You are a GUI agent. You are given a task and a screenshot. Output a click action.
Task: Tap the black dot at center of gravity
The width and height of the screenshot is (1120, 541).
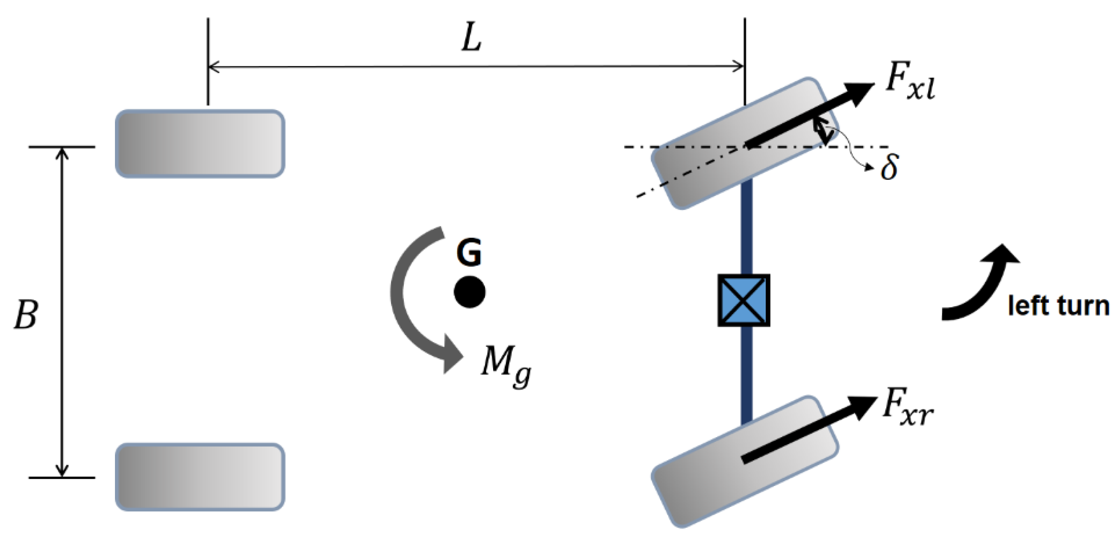(470, 292)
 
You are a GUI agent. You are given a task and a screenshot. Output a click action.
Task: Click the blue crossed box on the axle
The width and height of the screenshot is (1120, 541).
(744, 300)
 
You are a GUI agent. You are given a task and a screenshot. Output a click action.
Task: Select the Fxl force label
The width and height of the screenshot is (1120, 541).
(910, 85)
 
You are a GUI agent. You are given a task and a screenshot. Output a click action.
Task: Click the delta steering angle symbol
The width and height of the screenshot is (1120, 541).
(889, 167)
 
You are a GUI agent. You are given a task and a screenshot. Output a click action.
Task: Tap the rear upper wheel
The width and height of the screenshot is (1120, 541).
(200, 143)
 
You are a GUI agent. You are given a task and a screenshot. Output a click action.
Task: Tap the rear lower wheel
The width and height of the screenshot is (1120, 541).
(200, 477)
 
